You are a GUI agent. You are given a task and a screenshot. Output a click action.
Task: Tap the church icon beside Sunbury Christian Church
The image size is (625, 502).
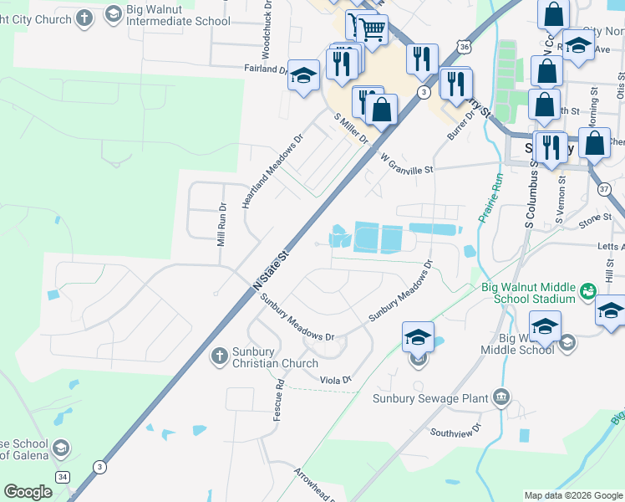pyautogui.click(x=220, y=356)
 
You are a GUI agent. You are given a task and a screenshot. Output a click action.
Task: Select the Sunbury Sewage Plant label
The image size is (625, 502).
pyautogui.click(x=430, y=398)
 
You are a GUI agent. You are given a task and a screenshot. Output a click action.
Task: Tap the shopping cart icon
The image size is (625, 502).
pyautogui.click(x=372, y=30)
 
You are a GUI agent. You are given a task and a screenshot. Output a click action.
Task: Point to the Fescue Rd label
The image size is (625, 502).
pyautogui.click(x=279, y=400)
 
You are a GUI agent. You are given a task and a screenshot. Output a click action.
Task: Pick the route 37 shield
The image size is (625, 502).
pyautogui.click(x=604, y=189)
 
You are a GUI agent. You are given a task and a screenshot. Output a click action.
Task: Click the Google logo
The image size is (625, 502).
pyautogui.click(x=28, y=492)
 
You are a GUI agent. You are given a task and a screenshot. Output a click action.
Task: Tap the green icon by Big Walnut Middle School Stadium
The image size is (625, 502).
pyautogui.click(x=588, y=291)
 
